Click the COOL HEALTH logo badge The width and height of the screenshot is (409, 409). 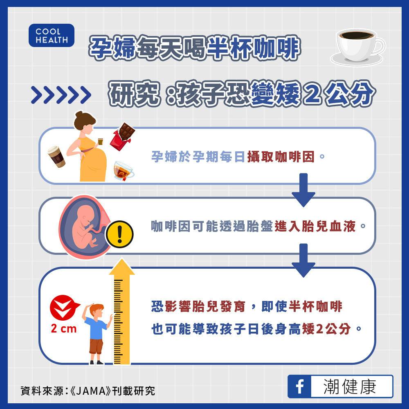52,36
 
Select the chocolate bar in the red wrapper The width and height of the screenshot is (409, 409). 122,136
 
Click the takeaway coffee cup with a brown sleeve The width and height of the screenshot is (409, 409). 56,156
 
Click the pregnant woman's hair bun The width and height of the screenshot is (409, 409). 79,115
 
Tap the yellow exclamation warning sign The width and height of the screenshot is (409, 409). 119,234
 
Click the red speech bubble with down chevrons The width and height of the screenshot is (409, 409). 64,307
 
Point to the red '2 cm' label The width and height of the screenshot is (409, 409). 64,329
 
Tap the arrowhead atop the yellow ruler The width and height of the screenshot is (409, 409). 122,267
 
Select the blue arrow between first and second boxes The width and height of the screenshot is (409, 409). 303,190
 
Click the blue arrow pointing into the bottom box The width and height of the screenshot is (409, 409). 303,260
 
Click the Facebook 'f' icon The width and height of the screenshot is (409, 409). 300,387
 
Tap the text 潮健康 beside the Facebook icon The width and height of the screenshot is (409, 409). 350,387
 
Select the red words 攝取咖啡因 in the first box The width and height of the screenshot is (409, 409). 281,157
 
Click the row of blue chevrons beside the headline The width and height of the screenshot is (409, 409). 61,95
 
